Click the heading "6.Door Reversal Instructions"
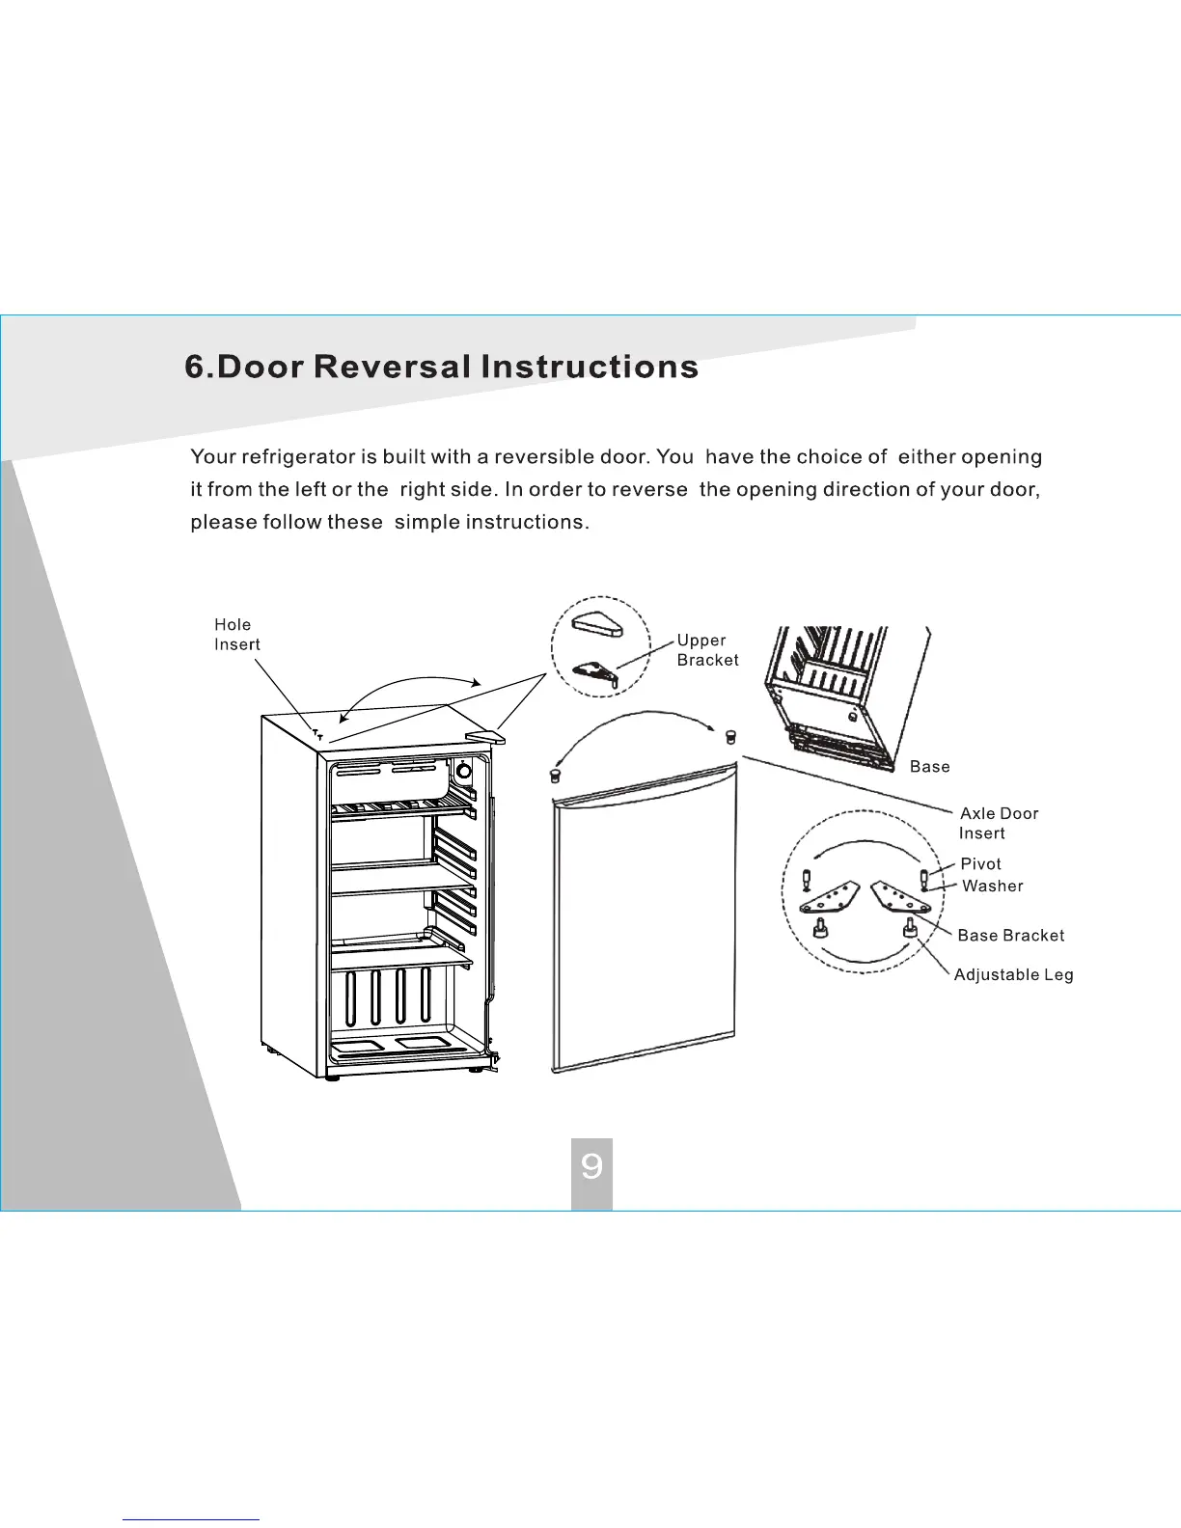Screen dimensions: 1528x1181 click(x=441, y=367)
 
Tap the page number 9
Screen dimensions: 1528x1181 click(x=591, y=1167)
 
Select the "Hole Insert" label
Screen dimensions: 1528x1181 click(x=236, y=635)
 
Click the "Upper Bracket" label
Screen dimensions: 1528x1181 click(x=707, y=650)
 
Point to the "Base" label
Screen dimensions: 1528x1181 click(x=929, y=767)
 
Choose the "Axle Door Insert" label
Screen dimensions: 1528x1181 click(x=999, y=823)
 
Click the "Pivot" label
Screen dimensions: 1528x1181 click(x=980, y=864)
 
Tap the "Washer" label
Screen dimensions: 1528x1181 click(x=992, y=887)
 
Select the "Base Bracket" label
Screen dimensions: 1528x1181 click(x=1010, y=936)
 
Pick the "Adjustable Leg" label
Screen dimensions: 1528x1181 click(x=1013, y=975)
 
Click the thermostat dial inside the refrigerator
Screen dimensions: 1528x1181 click(x=463, y=771)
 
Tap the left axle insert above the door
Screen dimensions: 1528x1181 click(x=554, y=775)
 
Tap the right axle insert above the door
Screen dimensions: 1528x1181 click(x=729, y=737)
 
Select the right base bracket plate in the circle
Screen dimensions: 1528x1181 click(x=901, y=897)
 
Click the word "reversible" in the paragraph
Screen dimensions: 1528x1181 click(x=543, y=457)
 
